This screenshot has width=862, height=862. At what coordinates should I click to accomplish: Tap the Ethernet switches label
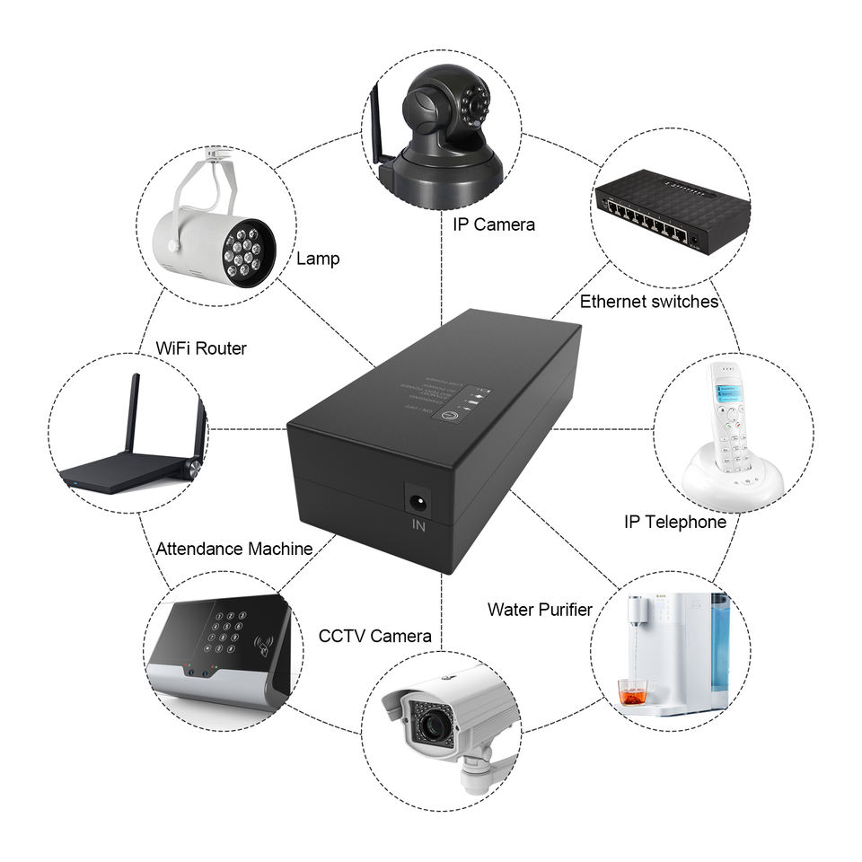point(648,302)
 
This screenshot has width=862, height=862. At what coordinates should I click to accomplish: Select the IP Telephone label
point(674,522)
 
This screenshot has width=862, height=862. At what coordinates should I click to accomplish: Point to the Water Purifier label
point(540,610)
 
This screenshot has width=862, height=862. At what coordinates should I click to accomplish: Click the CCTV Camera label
point(375,636)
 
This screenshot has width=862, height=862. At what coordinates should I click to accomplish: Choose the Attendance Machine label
point(234,548)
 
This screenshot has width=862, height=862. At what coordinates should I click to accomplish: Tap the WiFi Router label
point(201,347)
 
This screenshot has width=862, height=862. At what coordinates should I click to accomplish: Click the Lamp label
point(319,259)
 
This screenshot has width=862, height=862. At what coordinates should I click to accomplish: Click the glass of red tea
point(633,691)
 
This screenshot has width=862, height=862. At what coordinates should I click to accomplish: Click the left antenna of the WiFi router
point(133,413)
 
